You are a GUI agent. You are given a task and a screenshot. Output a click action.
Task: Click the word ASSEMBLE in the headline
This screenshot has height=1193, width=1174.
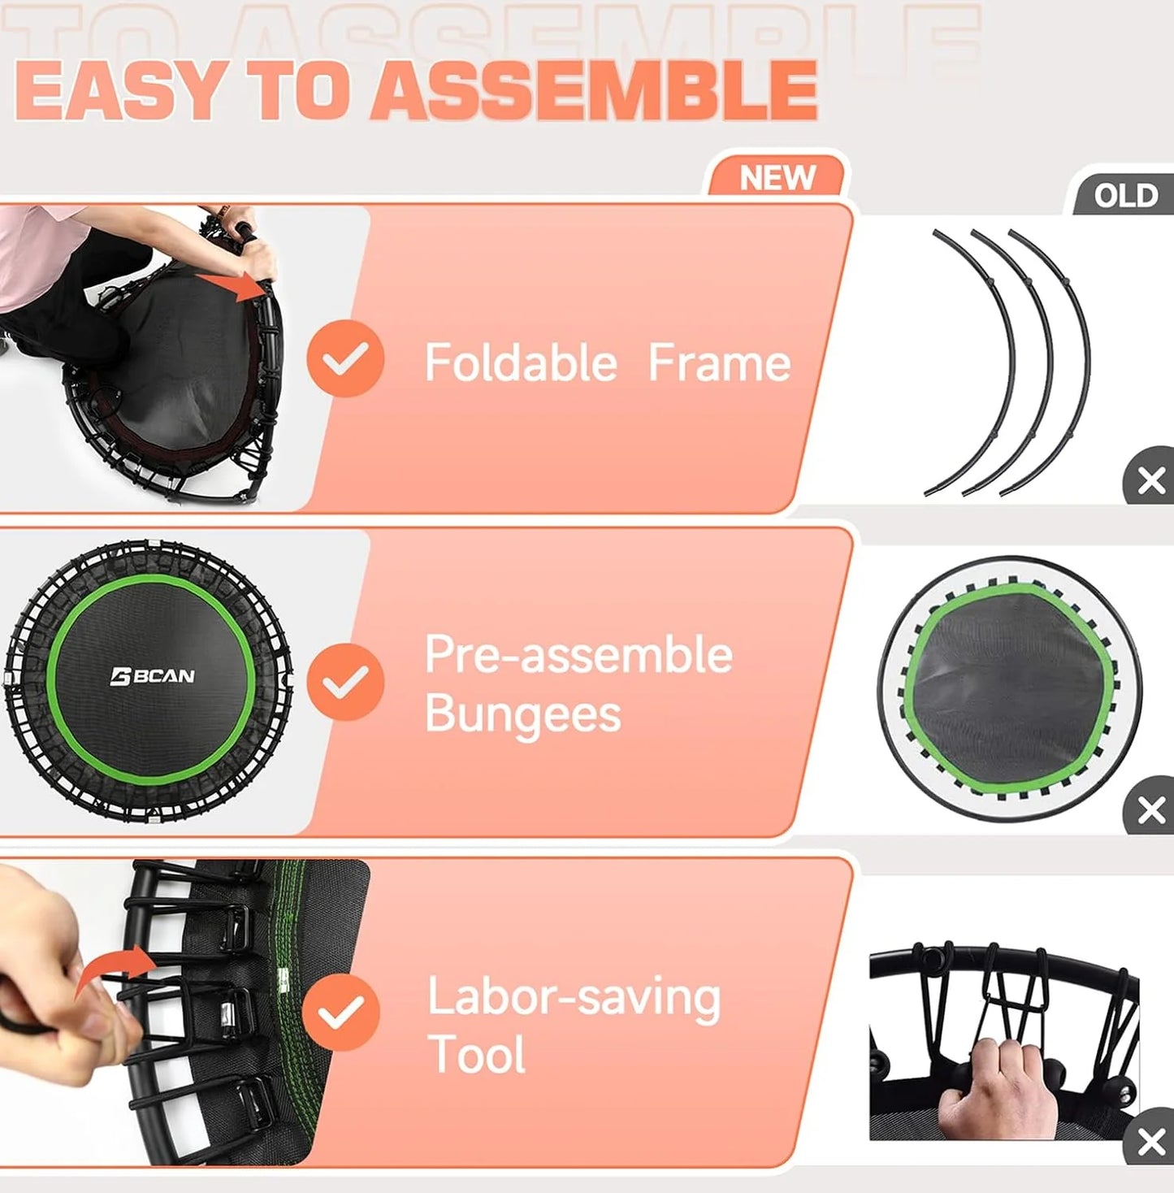coord(597,91)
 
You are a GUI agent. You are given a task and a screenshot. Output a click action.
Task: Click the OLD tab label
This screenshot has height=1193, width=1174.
coord(1125,196)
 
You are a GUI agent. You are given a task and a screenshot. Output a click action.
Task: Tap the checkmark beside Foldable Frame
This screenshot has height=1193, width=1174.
coord(345,358)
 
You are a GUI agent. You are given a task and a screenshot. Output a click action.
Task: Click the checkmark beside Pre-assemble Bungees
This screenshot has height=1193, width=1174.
coord(345,681)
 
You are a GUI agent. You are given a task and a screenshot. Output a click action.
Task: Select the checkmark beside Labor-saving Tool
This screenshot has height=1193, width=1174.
coord(341,1012)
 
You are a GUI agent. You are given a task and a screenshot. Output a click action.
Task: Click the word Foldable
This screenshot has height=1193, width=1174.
coord(521,362)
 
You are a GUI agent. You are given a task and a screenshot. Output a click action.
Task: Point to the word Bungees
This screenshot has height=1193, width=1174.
coord(522,715)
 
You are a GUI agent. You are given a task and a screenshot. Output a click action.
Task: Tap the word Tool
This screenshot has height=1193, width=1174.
coord(477,1055)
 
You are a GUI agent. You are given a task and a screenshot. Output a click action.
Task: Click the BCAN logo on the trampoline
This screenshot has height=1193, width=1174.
coord(153,676)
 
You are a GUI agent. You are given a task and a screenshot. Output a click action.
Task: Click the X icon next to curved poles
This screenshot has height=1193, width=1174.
coord(1150,480)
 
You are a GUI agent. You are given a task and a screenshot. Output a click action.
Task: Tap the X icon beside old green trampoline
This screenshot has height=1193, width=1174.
coord(1150,809)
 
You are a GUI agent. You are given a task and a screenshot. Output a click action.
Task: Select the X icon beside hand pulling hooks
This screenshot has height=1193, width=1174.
coord(1150,1141)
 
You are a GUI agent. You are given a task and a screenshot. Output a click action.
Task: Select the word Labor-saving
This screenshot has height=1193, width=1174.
coord(574,997)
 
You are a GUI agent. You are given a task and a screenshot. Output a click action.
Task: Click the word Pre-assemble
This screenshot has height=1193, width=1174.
coord(578,654)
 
